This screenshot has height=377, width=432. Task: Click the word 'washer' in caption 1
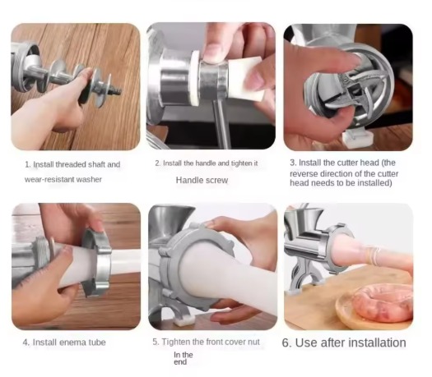pyautogui.click(x=89, y=180)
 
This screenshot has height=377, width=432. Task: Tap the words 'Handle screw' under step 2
pyautogui.click(x=202, y=181)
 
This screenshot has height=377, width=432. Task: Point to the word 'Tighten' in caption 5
pyautogui.click(x=175, y=342)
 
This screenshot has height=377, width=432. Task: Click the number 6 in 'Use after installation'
pyautogui.click(x=286, y=343)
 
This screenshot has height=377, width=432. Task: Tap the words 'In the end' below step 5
pyautogui.click(x=183, y=358)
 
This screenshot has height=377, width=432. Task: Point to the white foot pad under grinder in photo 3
pyautogui.click(x=358, y=138)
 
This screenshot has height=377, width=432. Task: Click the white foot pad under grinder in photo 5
pyautogui.click(x=184, y=320)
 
